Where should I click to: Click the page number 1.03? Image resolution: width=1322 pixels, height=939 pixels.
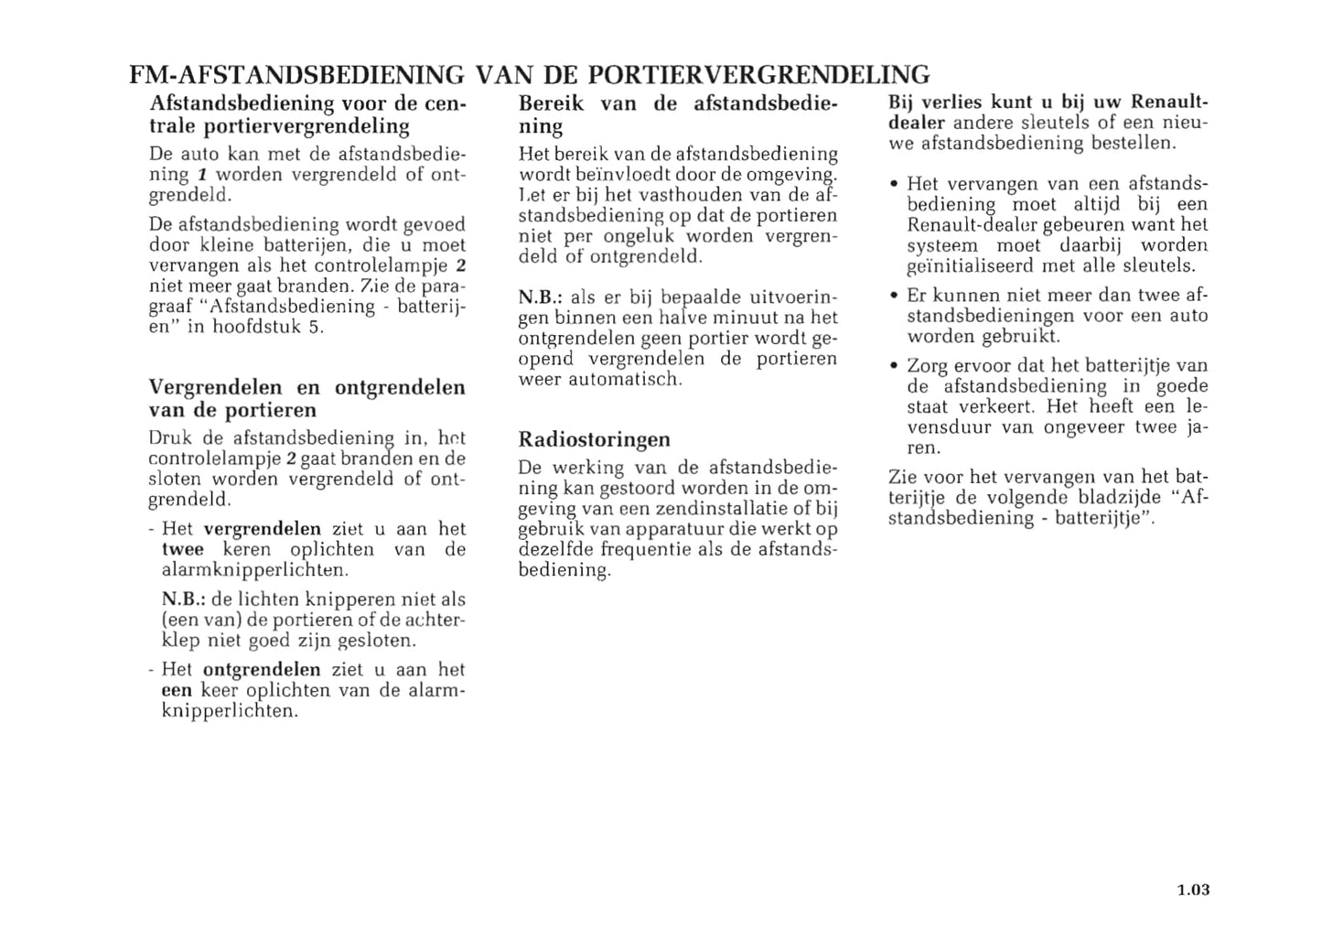(x=1192, y=890)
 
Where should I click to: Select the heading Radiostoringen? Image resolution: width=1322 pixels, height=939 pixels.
(x=594, y=439)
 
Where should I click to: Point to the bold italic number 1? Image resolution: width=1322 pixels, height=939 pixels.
(x=204, y=175)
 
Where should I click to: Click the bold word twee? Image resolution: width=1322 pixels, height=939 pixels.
(x=182, y=550)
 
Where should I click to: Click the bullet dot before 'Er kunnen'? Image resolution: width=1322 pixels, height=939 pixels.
(x=894, y=296)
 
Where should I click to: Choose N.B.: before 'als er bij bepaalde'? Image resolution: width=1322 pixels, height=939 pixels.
(x=540, y=297)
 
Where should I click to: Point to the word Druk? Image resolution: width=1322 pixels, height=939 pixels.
(x=170, y=438)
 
